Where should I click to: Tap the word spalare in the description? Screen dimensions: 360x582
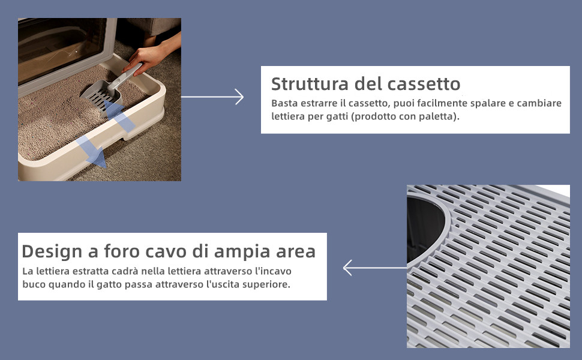486,103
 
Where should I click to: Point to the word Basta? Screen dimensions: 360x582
284,103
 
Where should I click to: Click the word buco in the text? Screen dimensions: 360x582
34,284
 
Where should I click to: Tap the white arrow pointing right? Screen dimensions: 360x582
212,97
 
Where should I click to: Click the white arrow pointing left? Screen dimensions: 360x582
374,268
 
